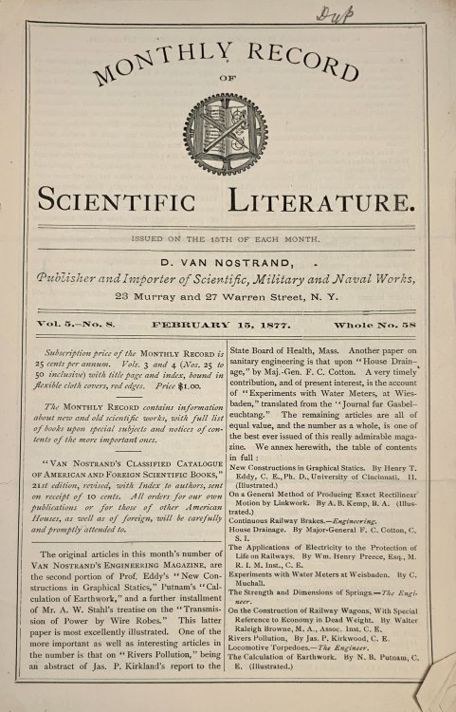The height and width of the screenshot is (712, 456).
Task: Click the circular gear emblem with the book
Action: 228,133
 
